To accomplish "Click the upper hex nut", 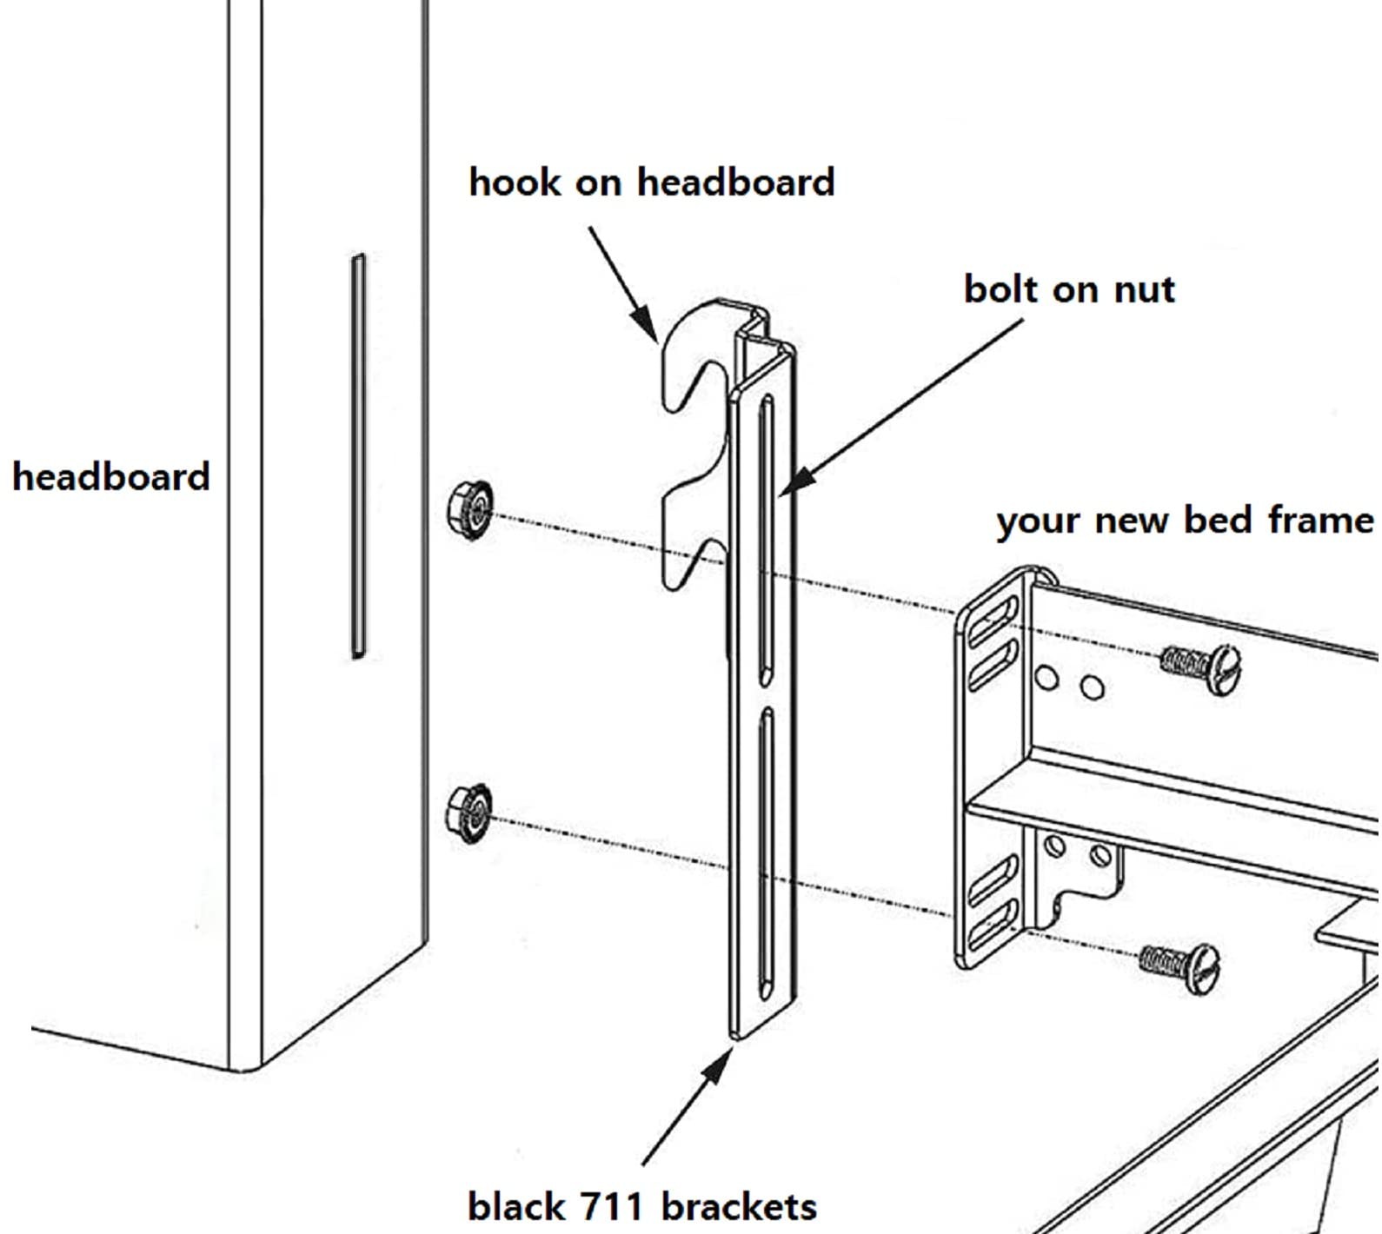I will tap(470, 509).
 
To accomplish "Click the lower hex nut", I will tap(469, 813).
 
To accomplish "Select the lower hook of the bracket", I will tap(691, 534).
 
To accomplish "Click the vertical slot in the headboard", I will tap(358, 456).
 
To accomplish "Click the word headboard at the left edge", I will tap(111, 477).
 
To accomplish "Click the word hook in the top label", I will tap(513, 182).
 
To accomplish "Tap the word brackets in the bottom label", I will tap(739, 1206).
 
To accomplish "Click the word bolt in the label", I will tap(1000, 289).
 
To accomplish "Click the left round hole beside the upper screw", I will tap(1047, 677).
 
